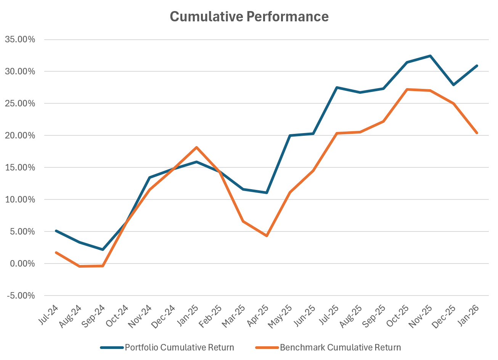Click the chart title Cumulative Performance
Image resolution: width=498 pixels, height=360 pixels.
coord(249,17)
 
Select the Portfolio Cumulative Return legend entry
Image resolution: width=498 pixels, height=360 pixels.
coord(179,347)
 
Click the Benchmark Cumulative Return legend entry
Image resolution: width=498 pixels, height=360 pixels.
coord(340,347)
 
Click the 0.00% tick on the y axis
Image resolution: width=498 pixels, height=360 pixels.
coord(21,264)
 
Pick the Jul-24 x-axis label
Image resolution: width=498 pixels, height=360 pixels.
coord(49,315)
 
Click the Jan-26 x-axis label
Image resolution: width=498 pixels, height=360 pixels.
coord(470,315)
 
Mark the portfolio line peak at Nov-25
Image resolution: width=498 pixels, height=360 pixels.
coord(430,56)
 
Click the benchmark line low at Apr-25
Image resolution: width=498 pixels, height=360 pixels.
coord(267,236)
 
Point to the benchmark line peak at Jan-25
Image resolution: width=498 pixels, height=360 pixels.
coord(196,147)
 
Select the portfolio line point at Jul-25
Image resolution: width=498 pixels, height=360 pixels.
coord(337,88)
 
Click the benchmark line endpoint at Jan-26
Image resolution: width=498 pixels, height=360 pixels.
coord(477,133)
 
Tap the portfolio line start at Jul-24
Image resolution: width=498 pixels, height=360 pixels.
coord(56,231)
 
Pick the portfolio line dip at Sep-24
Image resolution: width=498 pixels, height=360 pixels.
coord(103,249)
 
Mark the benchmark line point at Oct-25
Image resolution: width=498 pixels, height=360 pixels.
coord(407,90)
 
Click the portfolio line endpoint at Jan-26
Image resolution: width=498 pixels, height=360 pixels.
coord(477,66)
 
